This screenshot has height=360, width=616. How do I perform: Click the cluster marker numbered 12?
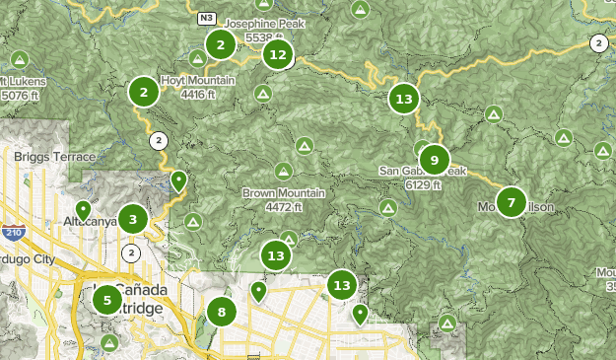pos(278,55)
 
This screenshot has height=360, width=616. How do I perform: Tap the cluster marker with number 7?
pos(511,202)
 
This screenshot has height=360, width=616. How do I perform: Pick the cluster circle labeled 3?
pos(133,219)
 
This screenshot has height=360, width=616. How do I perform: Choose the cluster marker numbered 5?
pos(107,298)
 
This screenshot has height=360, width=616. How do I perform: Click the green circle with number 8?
pos(222,314)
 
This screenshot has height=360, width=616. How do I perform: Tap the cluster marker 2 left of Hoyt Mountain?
pos(144,93)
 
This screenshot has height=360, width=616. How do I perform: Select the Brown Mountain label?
pos(284,193)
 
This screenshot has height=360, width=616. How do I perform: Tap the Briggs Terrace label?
pos(56,157)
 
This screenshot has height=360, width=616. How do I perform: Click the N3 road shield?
pos(206,18)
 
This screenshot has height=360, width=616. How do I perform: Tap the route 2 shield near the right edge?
pos(598,42)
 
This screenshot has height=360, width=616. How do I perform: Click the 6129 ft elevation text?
pos(423,184)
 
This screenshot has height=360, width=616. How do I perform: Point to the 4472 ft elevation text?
pos(283,207)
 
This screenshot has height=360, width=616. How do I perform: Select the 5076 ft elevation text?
pos(18,96)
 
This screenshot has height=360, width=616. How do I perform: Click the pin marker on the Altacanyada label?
pos(84,210)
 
